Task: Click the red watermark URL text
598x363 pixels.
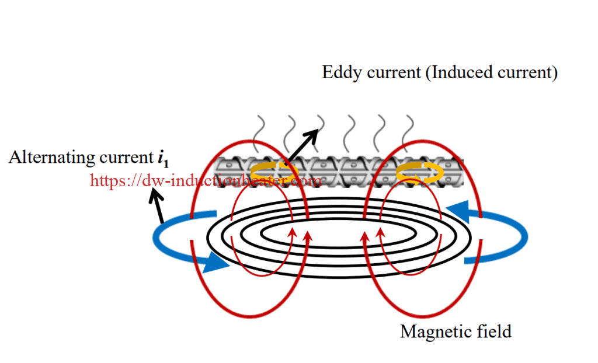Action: pyautogui.click(x=205, y=181)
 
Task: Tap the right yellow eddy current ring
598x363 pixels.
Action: pyautogui.click(x=419, y=173)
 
